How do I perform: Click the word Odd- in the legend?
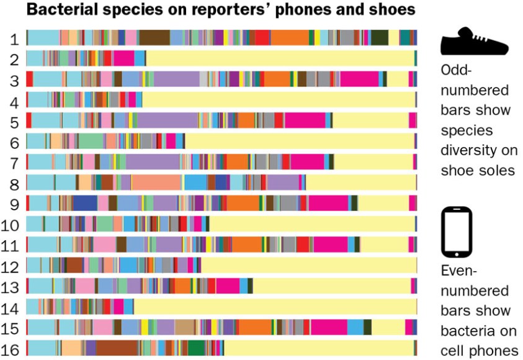(458, 71)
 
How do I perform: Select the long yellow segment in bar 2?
(279, 58)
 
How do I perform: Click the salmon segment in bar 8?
(156, 182)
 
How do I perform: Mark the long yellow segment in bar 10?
(310, 223)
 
